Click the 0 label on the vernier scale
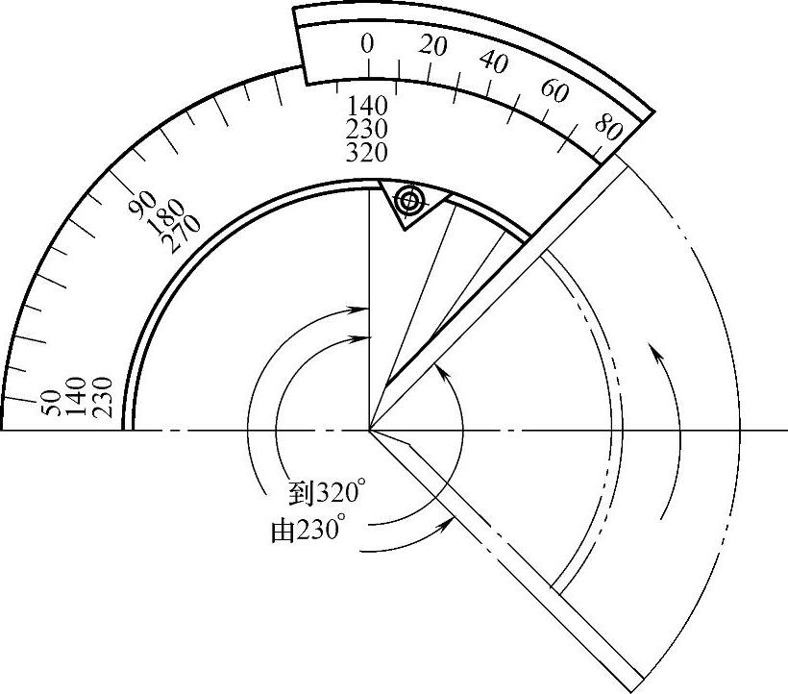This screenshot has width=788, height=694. [x=367, y=44]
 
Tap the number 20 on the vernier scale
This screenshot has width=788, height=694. [x=432, y=46]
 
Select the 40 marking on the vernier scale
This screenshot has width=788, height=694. [x=494, y=62]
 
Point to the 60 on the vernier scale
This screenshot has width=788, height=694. [x=554, y=91]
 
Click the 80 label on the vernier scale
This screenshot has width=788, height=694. [x=608, y=127]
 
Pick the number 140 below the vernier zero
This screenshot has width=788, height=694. [x=367, y=106]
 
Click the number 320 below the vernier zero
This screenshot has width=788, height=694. [x=367, y=152]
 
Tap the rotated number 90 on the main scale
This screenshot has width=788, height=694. [x=142, y=204]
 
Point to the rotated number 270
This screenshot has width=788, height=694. [x=183, y=235]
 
